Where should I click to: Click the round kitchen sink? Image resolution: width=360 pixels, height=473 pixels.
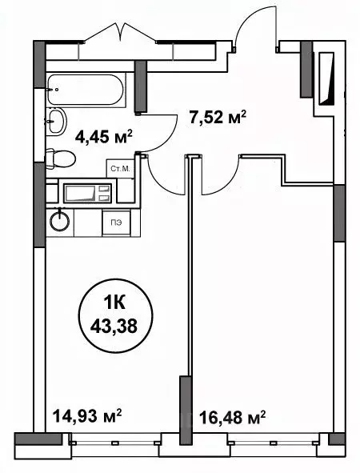(x=59, y=219)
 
